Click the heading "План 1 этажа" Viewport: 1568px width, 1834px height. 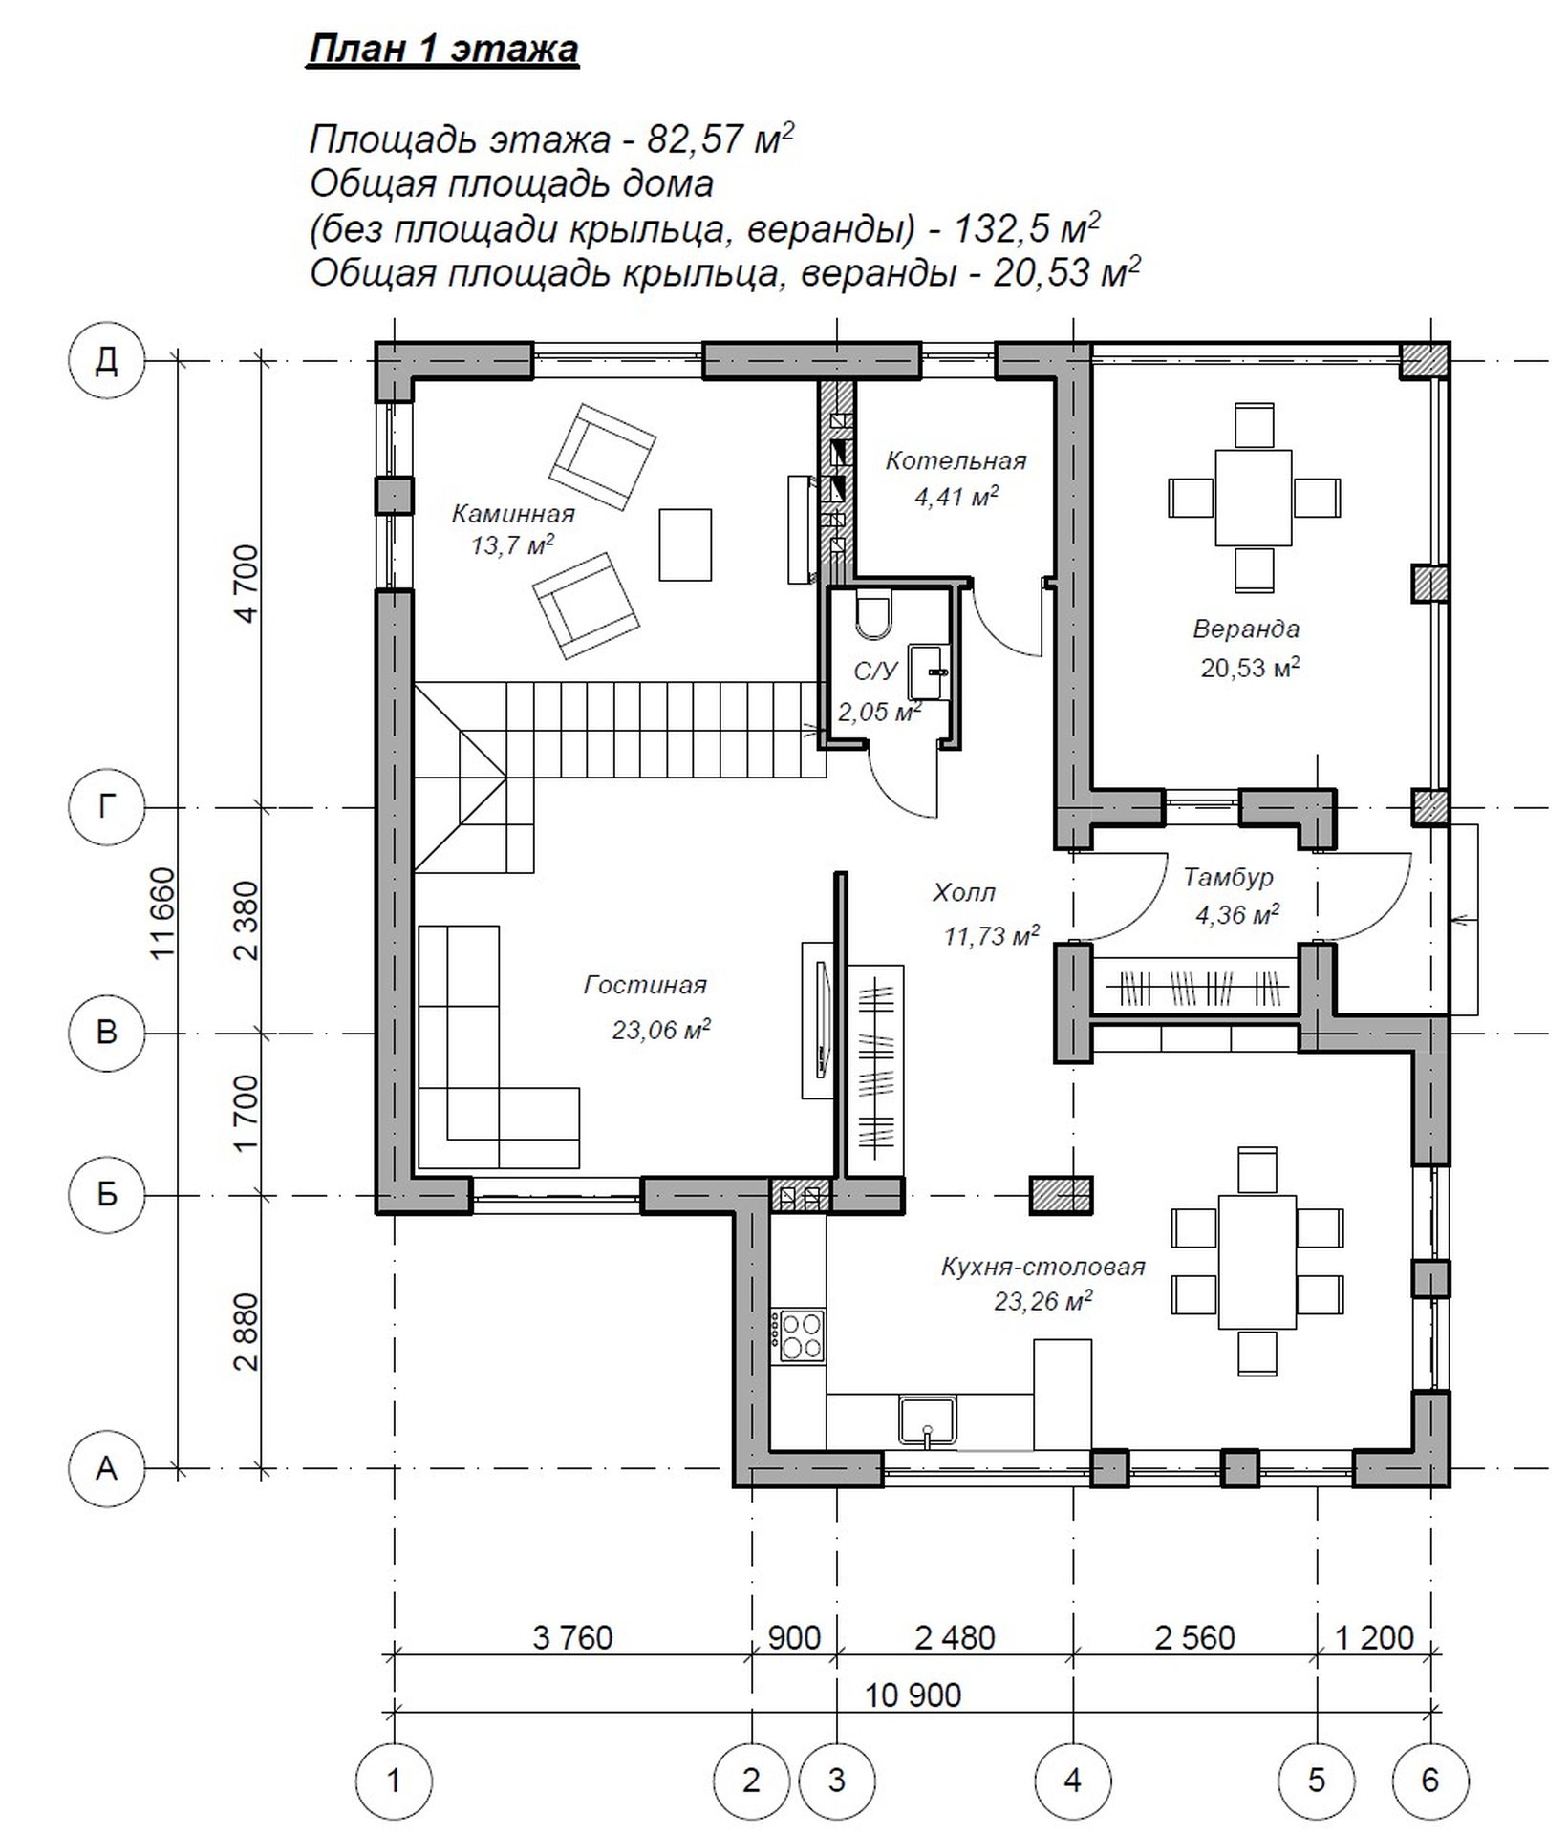(x=442, y=50)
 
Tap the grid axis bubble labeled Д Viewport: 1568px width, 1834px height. (x=107, y=362)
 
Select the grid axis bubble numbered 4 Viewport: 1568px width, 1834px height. (x=1072, y=1780)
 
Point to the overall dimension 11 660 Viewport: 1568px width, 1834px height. (x=165, y=911)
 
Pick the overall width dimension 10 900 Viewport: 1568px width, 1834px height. (x=913, y=1695)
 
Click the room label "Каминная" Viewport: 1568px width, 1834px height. (x=513, y=514)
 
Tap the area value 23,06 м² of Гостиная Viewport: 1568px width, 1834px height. (x=660, y=1029)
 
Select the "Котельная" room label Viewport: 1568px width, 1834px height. (x=956, y=461)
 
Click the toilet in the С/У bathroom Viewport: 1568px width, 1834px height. (x=873, y=615)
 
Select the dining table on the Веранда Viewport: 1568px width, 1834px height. (x=1254, y=498)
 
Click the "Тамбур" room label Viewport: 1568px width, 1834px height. (x=1228, y=877)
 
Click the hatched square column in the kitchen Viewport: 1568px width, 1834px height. (x=1061, y=1195)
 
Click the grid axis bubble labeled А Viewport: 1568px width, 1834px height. (x=107, y=1466)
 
